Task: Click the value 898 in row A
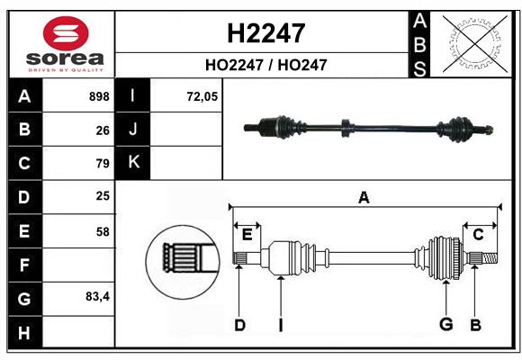(x=99, y=96)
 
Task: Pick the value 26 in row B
(x=102, y=130)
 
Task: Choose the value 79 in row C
(x=102, y=164)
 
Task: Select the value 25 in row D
(x=102, y=196)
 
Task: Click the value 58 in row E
(x=102, y=231)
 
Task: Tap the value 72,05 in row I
(x=202, y=96)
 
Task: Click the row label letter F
(x=24, y=265)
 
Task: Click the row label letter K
(x=133, y=163)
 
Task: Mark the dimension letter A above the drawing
(x=364, y=197)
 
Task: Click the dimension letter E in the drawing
(x=247, y=235)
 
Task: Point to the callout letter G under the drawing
(x=445, y=325)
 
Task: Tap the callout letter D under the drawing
(x=239, y=325)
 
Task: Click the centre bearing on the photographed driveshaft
(x=345, y=128)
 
